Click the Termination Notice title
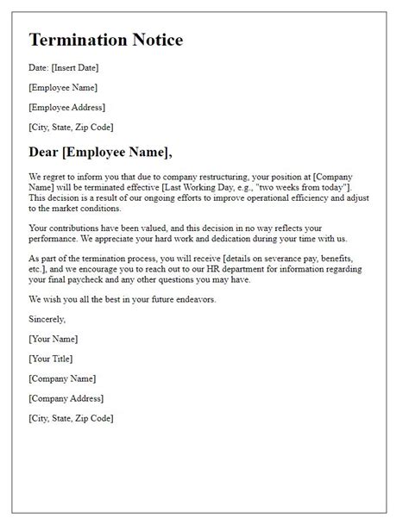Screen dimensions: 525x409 pos(105,41)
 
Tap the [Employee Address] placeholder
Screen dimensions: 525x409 pos(66,108)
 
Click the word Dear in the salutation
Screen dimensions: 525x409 pos(49,153)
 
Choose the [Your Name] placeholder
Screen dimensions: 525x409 pos(54,338)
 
